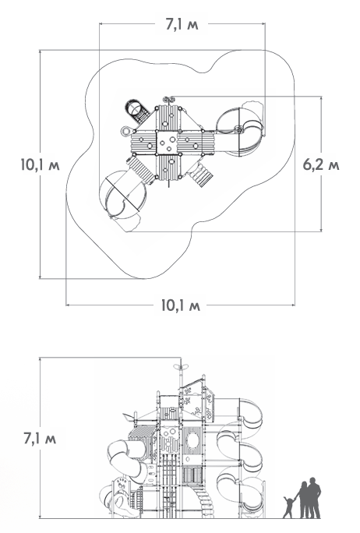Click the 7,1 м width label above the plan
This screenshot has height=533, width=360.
click(x=182, y=25)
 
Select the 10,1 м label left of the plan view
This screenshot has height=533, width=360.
click(x=40, y=164)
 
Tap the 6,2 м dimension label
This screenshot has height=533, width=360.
click(x=321, y=164)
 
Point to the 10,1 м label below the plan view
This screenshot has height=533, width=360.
click(x=181, y=305)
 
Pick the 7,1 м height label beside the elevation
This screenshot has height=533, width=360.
click(x=40, y=438)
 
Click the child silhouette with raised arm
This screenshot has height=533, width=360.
click(x=289, y=507)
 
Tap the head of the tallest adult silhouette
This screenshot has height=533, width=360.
click(x=312, y=480)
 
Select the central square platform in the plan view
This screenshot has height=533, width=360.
click(x=168, y=143)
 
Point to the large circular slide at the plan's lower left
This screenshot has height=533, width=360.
click(x=122, y=194)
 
